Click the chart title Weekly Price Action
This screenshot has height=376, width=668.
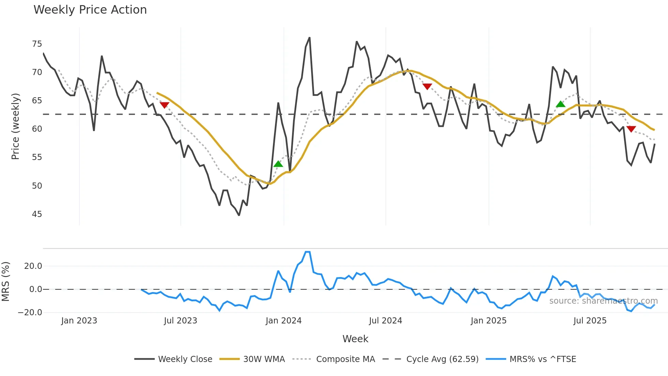pos(90,10)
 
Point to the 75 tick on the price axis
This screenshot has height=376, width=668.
pos(37,44)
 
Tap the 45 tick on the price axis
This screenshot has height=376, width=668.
pos(37,214)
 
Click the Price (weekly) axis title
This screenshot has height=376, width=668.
pos(15,126)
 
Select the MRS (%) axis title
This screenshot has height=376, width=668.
pos(5,281)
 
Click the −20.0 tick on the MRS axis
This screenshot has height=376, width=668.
pos(30,313)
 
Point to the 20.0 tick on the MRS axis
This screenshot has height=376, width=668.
pos(33,266)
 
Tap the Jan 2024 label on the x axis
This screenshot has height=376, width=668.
pos(284,321)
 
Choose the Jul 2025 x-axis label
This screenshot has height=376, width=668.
pos(590,321)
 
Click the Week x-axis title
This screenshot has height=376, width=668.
pos(355,339)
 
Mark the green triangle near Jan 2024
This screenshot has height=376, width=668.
pos(278,164)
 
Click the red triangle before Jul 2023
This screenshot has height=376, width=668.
pos(164,105)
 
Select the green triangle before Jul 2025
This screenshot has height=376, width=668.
pos(560,104)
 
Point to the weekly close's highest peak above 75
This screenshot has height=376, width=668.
pos(309,38)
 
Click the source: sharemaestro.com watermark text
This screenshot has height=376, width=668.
pos(603,301)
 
